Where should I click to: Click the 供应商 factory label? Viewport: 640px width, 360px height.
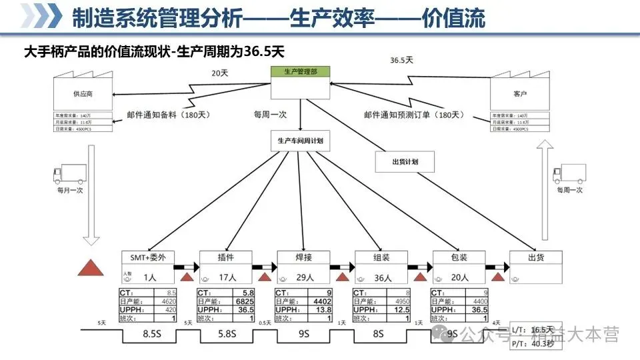tap(83, 95)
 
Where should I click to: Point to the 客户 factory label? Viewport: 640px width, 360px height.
tap(520, 95)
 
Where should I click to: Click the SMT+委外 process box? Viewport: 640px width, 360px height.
tap(147, 257)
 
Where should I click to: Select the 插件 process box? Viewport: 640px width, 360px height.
tap(225, 257)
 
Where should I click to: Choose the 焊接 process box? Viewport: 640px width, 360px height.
tap(303, 257)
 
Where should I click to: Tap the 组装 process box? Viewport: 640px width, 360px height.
tap(381, 257)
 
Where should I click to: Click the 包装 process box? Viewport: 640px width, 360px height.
tap(459, 257)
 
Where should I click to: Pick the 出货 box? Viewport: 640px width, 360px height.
tap(536, 257)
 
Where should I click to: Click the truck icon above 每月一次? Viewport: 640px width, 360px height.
tap(69, 175)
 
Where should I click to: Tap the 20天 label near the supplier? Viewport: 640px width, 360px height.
tap(221, 72)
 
